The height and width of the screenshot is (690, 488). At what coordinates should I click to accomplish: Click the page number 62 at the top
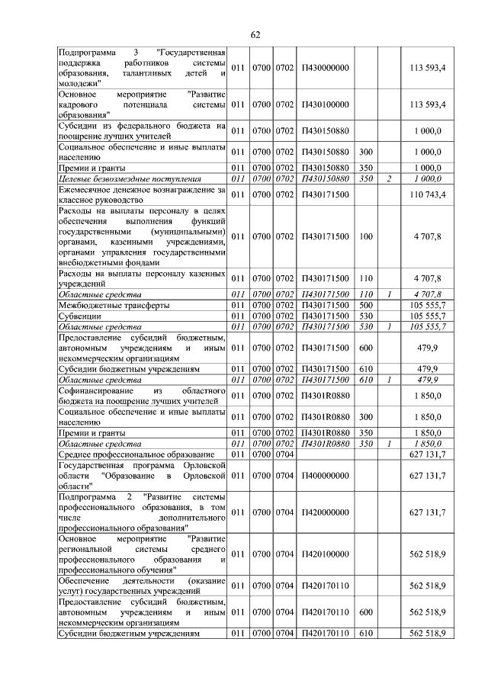tap(255, 34)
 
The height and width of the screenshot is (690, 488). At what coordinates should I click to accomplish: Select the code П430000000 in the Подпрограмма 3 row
tap(326, 68)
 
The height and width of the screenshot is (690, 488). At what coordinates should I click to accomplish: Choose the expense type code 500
tap(365, 305)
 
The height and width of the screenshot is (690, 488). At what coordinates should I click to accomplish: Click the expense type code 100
tap(365, 237)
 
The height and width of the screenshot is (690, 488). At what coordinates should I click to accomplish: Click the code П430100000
tap(326, 104)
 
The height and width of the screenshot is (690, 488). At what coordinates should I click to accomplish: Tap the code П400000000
tap(326, 476)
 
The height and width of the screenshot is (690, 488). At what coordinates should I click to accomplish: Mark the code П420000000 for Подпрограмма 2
tap(326, 512)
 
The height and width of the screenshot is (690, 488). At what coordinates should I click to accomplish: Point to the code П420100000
tap(326, 554)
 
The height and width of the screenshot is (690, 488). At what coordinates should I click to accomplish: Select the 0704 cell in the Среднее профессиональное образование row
tap(284, 454)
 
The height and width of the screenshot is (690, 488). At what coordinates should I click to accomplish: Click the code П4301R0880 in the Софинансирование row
tap(326, 396)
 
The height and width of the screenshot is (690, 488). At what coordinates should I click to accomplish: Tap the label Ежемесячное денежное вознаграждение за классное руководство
tap(142, 195)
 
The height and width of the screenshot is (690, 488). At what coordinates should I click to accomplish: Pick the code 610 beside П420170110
tap(365, 633)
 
